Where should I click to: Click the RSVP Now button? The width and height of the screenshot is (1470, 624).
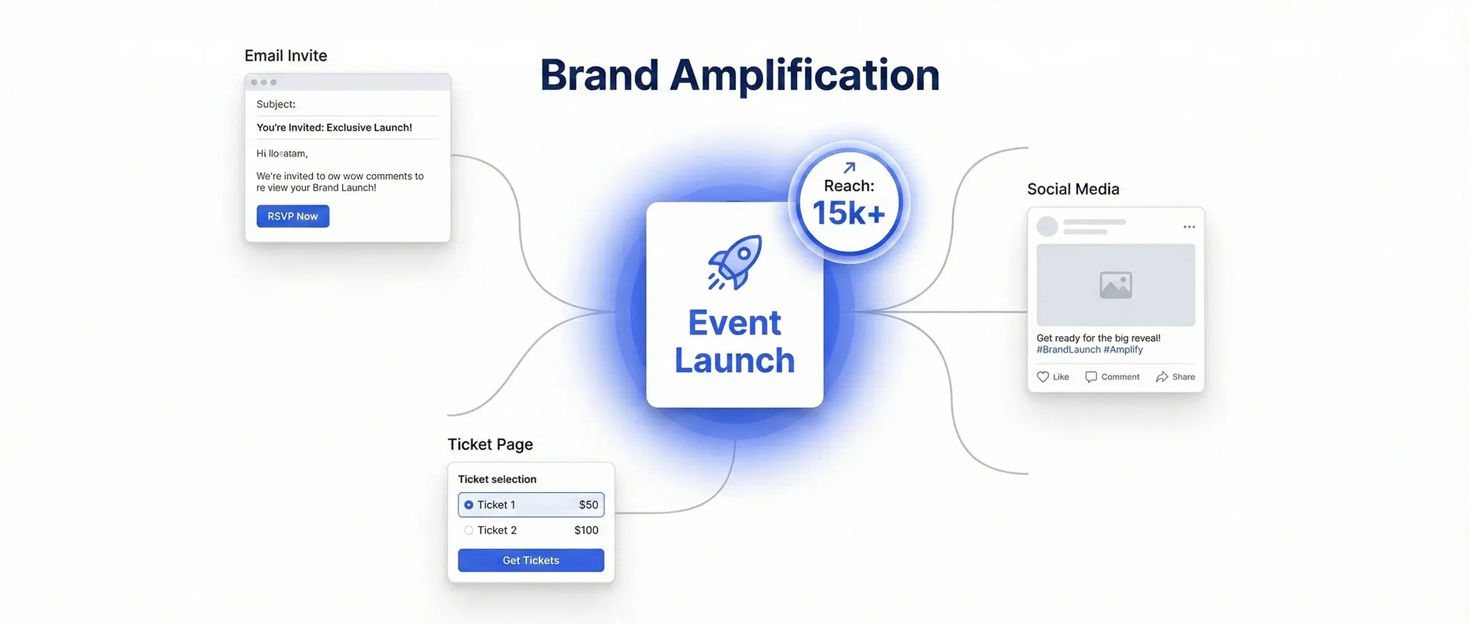point(292,216)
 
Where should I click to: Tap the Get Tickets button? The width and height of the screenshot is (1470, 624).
point(531,560)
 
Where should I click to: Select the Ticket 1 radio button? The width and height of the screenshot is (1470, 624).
point(468,505)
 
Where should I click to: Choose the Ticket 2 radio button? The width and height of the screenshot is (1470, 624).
point(468,531)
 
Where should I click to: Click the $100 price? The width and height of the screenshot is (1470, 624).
point(586,531)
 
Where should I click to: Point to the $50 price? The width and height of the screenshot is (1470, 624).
point(588,505)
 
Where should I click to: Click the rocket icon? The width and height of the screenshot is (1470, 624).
point(735,262)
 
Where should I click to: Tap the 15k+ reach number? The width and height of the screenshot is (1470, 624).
point(848,213)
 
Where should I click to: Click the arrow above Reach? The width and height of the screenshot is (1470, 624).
point(850,167)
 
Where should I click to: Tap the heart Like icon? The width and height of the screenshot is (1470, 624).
point(1043,377)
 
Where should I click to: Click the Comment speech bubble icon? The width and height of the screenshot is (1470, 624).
point(1091,377)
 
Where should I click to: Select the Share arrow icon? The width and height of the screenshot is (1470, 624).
point(1161,377)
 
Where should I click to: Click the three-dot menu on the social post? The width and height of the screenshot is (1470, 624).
point(1189,227)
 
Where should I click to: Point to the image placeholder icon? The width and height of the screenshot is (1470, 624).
point(1115,285)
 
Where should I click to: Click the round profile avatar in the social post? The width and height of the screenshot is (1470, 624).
point(1047,226)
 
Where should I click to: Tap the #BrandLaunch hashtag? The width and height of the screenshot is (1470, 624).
point(1068,350)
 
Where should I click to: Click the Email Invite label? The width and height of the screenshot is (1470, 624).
point(285,56)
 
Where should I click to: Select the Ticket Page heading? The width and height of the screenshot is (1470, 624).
point(490,444)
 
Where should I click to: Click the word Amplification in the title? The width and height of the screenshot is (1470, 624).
point(804,76)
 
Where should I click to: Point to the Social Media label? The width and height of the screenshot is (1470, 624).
point(1073,189)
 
